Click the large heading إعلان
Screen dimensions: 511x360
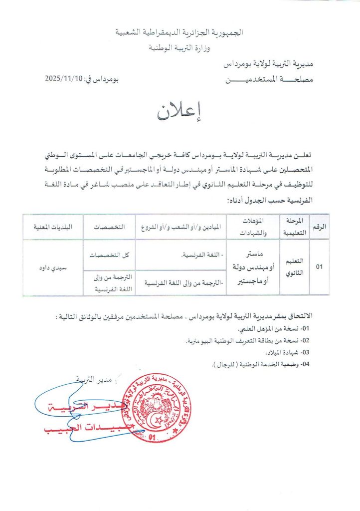point(180,113)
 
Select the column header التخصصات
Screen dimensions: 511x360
point(110,226)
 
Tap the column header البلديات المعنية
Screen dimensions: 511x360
point(53,226)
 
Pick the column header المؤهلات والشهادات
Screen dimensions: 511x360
point(254,226)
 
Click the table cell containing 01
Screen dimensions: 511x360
point(320,267)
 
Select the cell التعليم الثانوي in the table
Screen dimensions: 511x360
point(296,266)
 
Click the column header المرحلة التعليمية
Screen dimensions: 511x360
point(296,226)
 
